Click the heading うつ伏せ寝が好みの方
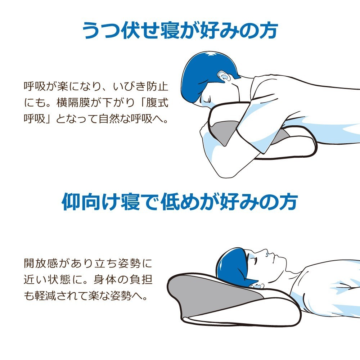[x=180, y=30]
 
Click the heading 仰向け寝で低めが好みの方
[x=180, y=202]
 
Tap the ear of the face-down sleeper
[x=223, y=76]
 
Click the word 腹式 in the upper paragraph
[x=157, y=103]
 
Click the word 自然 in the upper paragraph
[x=109, y=119]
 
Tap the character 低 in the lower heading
[x=170, y=202]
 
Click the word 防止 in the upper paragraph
[x=157, y=86]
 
